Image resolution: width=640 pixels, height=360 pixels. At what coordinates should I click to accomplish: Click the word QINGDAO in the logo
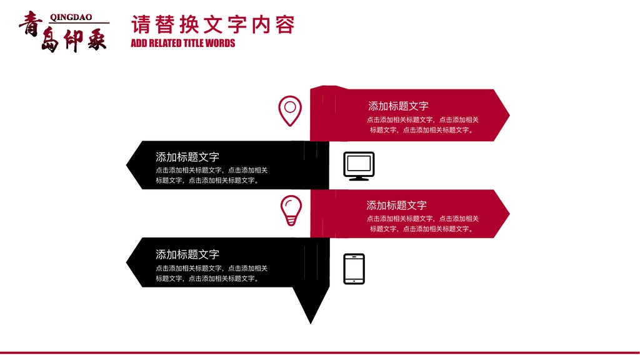[71, 17]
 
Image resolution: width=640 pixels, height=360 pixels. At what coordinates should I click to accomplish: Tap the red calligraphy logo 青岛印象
[63, 32]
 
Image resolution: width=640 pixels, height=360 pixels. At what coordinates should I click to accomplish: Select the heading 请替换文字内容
[212, 24]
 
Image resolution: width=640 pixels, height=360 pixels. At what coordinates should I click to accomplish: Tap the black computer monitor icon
[359, 166]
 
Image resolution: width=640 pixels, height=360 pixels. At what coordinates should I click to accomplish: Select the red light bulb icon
[291, 211]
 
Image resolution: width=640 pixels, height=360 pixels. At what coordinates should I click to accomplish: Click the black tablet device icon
[354, 269]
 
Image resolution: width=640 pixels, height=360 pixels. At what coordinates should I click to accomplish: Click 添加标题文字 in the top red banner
[398, 106]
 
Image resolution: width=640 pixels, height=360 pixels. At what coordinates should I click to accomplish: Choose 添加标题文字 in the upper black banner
[187, 157]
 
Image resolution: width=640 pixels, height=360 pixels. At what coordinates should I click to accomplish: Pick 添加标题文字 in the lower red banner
[396, 205]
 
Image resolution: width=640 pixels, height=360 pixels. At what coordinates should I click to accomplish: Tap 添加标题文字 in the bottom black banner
[187, 255]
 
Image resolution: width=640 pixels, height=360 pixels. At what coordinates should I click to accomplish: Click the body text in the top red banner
[422, 125]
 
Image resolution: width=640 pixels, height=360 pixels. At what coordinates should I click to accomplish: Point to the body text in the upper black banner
[211, 175]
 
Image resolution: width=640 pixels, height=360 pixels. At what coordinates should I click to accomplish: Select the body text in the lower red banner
[422, 224]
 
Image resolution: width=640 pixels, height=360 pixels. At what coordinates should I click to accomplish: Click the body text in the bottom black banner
[211, 274]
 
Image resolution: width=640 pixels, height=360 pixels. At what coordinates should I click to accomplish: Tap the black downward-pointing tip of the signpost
[311, 323]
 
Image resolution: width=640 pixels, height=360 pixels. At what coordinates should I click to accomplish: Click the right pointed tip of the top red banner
[509, 115]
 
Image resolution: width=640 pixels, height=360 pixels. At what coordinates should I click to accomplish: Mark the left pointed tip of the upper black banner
[126, 165]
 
